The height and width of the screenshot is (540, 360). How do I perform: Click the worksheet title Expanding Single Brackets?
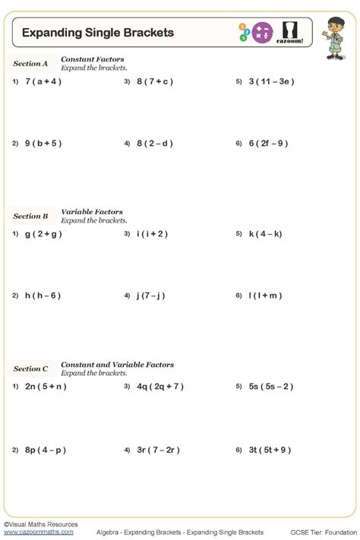click(x=98, y=33)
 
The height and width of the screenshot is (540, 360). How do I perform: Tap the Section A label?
click(x=30, y=64)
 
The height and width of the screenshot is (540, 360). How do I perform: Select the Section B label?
click(x=30, y=216)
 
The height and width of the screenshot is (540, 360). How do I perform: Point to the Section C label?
click(x=30, y=369)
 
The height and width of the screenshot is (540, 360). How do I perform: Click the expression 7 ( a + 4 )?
click(x=43, y=81)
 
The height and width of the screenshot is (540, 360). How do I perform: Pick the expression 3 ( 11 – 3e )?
click(x=271, y=81)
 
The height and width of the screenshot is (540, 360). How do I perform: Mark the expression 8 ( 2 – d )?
click(x=155, y=143)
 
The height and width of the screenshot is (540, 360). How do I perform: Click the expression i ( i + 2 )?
click(x=152, y=234)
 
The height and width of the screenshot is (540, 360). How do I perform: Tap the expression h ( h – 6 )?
click(x=43, y=295)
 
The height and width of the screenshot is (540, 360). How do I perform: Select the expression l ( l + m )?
click(x=265, y=295)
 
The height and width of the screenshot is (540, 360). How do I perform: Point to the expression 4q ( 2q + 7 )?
click(x=160, y=387)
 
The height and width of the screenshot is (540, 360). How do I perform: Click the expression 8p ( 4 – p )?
click(x=46, y=450)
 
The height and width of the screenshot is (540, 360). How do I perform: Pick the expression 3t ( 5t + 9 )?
click(x=270, y=450)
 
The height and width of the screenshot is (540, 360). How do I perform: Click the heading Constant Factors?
click(x=93, y=59)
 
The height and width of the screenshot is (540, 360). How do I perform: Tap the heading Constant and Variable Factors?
click(x=117, y=365)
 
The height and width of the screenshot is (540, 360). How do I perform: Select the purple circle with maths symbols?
click(x=263, y=32)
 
